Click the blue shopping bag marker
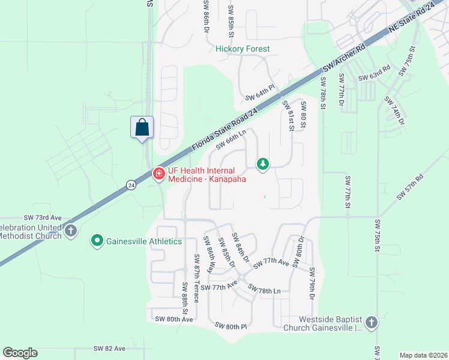click(x=142, y=127)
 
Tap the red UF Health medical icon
click(x=159, y=175)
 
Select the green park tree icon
click(x=262, y=163)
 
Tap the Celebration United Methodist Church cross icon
click(x=71, y=230)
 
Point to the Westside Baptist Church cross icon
click(x=371, y=323)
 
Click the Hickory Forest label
click(x=243, y=49)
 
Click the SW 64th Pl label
click(x=260, y=93)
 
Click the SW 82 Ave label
click(x=109, y=348)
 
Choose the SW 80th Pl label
click(x=231, y=326)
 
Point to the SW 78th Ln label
click(x=265, y=290)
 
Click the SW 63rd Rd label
click(x=375, y=77)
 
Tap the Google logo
click(x=20, y=353)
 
